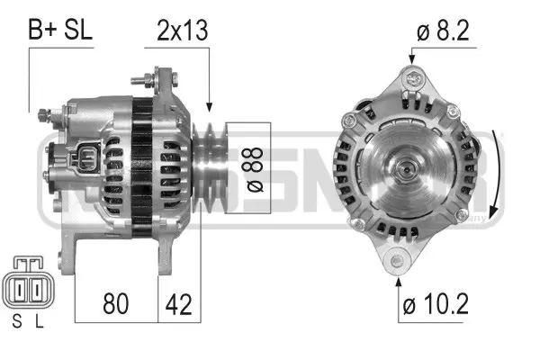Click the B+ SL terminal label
coord(60,30)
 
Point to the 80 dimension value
coord(116,303)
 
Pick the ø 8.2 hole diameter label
coord(445,30)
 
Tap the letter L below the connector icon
coord(39,321)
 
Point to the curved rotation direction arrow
coord(499,171)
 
